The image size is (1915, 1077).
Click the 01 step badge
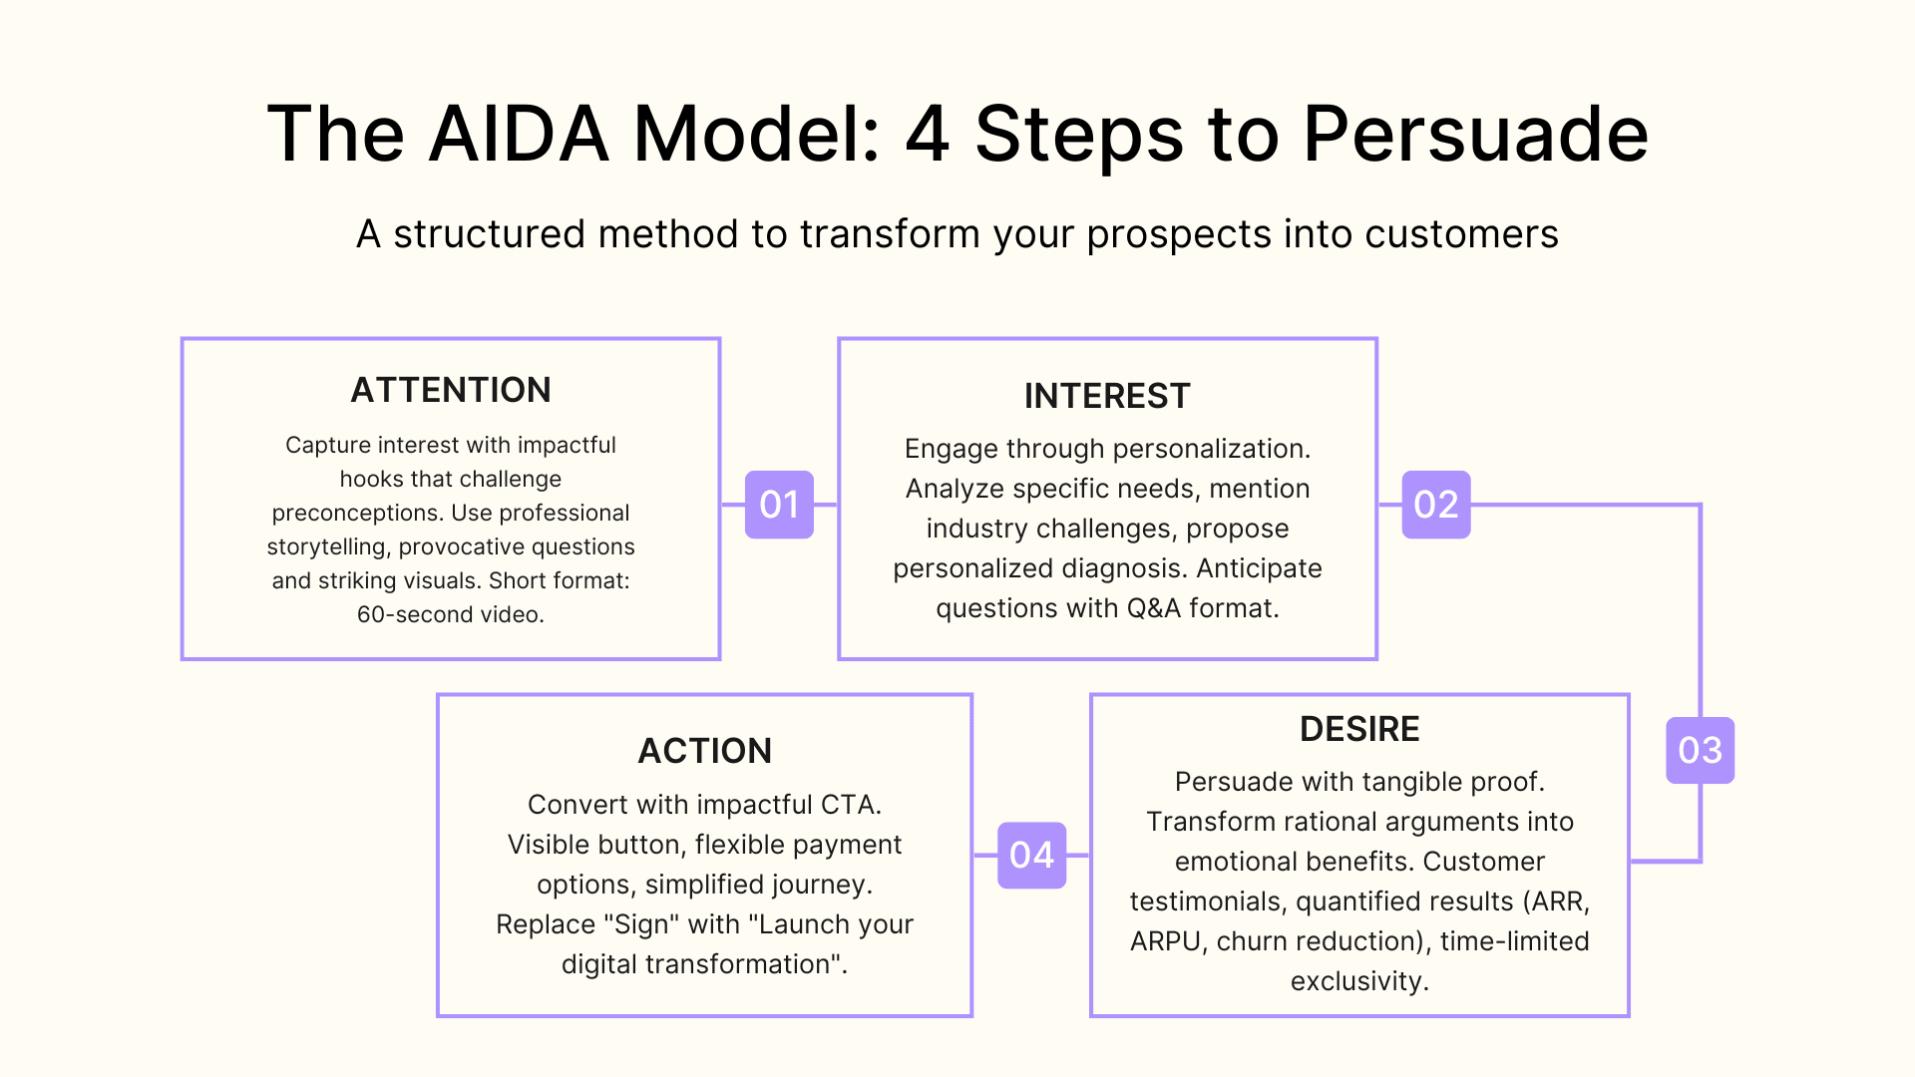click(779, 505)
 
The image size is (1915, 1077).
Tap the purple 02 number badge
click(1435, 505)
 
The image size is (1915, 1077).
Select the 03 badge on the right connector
click(1700, 750)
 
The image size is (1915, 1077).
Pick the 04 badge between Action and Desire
click(1031, 855)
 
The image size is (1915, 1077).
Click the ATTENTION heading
click(451, 390)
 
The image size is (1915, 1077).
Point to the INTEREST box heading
click(1107, 396)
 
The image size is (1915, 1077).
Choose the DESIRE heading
click(1359, 729)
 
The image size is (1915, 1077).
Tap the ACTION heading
click(704, 751)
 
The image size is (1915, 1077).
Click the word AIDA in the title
click(519, 135)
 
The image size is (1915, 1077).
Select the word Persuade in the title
click(1475, 135)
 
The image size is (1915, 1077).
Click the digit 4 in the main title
click(927, 135)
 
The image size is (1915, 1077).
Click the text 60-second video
click(451, 614)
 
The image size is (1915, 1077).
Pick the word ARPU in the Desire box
click(1165, 941)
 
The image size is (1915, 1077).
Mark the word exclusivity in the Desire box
click(1358, 981)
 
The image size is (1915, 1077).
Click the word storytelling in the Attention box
click(328, 547)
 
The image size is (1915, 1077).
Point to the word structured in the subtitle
click(489, 234)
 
